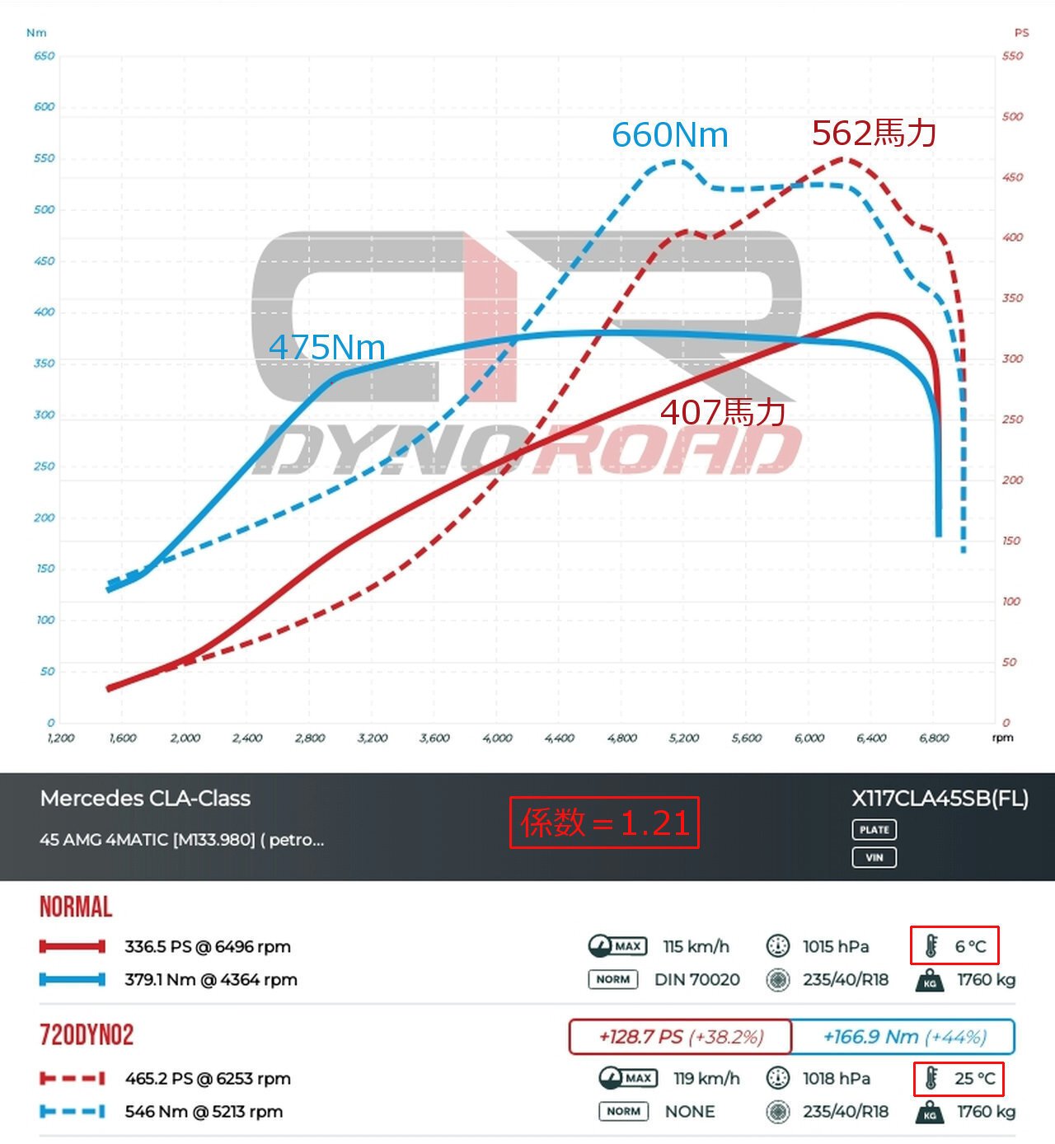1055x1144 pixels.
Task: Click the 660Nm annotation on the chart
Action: (669, 135)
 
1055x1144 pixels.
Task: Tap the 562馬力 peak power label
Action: (874, 133)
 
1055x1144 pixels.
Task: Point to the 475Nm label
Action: (326, 347)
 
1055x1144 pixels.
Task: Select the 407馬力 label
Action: (722, 412)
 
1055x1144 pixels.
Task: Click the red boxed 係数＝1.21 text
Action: (604, 823)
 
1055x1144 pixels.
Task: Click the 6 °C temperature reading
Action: (969, 946)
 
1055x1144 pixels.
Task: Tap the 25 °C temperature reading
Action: (974, 1078)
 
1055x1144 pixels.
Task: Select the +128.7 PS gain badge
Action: (681, 1037)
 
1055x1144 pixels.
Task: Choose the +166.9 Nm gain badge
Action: (904, 1037)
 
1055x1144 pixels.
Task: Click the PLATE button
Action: (874, 829)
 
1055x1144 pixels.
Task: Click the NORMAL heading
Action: (76, 907)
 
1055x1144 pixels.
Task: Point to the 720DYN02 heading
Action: (87, 1035)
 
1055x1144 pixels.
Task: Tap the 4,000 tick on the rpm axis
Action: (497, 738)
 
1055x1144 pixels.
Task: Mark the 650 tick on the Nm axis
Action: (45, 56)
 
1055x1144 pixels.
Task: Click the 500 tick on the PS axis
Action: (1012, 116)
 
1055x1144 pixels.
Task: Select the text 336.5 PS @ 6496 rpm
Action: (208, 946)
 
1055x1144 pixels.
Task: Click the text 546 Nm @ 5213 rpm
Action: (204, 1111)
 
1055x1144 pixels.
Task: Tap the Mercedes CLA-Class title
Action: (145, 798)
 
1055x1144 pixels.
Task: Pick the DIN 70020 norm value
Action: (696, 979)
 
